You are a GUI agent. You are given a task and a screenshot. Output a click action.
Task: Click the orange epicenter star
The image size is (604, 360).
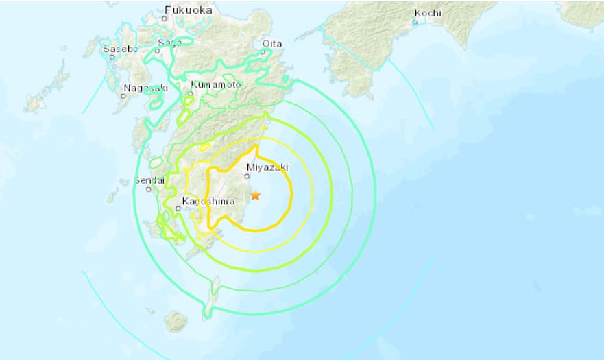pos(256,195)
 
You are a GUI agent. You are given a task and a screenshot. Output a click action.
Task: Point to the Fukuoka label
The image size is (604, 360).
pos(187,10)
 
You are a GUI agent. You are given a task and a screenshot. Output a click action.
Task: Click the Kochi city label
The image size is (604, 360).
pos(428,13)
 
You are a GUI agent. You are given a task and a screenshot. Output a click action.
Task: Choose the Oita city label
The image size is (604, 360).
pos(272,43)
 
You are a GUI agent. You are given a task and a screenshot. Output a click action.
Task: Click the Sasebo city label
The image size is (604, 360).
pos(120,49)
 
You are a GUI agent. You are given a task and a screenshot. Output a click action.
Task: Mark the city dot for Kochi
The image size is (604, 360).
pos(415,22)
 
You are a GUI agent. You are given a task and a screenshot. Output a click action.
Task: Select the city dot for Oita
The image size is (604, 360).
pos(264,51)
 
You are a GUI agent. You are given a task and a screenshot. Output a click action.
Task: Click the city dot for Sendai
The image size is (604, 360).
pos(148,189)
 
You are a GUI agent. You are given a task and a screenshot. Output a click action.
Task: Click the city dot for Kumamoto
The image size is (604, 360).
pos(191,93)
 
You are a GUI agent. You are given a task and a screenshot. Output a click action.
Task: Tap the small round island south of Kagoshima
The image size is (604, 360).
pos(176,321)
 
